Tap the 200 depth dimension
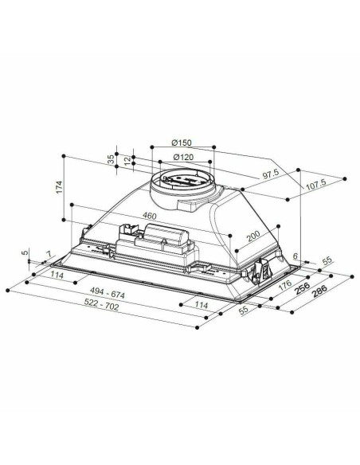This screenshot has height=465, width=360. [252, 236]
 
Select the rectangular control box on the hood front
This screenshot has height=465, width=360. [166, 236]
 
